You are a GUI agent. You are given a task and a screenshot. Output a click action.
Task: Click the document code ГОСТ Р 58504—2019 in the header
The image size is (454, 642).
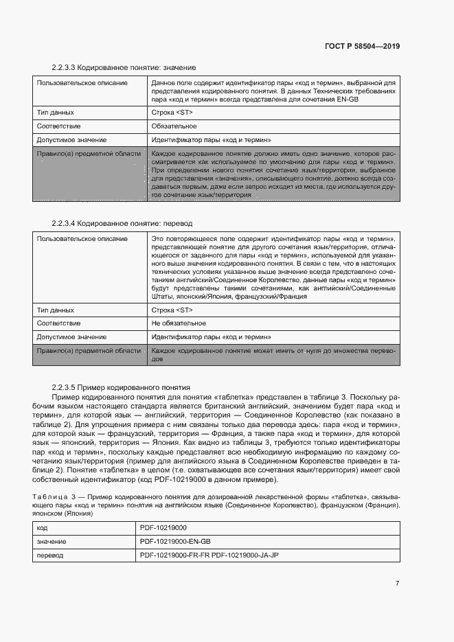(x=361, y=46)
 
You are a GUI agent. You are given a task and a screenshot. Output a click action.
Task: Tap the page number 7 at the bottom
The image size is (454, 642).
(x=397, y=584)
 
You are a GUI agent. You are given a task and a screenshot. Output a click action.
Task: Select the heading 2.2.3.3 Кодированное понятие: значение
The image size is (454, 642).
(x=124, y=68)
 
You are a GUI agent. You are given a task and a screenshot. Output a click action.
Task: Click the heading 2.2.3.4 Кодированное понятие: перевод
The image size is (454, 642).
(x=123, y=223)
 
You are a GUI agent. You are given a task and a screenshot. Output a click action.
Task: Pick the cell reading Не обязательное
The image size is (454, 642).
(x=179, y=323)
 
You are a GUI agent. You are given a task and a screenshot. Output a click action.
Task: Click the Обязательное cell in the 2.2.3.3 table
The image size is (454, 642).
(x=174, y=126)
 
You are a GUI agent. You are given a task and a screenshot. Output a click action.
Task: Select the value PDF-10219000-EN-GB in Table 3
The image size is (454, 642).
(x=174, y=542)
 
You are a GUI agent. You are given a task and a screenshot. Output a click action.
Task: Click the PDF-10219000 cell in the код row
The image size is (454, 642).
(x=163, y=528)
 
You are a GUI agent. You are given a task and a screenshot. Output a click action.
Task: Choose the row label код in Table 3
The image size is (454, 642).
(x=43, y=528)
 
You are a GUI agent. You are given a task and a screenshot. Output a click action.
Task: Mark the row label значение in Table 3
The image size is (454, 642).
(x=52, y=542)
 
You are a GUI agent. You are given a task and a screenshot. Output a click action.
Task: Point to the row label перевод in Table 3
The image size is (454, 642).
(x=50, y=555)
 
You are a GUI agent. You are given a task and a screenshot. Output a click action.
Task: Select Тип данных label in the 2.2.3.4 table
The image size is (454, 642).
(x=56, y=310)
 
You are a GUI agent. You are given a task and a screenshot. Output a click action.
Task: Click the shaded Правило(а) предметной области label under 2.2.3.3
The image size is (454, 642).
(x=89, y=154)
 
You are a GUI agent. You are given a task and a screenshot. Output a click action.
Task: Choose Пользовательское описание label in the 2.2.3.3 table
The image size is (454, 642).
(x=82, y=83)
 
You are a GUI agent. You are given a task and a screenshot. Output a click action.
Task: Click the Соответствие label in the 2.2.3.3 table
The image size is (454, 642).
(x=59, y=126)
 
